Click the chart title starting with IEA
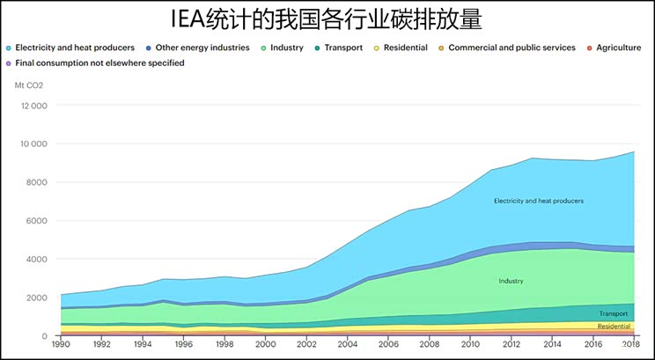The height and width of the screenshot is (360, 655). click(327, 18)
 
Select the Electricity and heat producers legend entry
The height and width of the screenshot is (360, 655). click(75, 48)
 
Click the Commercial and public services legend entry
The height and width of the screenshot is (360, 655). click(511, 48)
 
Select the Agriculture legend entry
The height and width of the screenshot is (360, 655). click(618, 48)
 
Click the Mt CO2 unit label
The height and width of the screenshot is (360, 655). click(29, 84)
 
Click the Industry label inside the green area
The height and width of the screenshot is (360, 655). click(511, 282)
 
